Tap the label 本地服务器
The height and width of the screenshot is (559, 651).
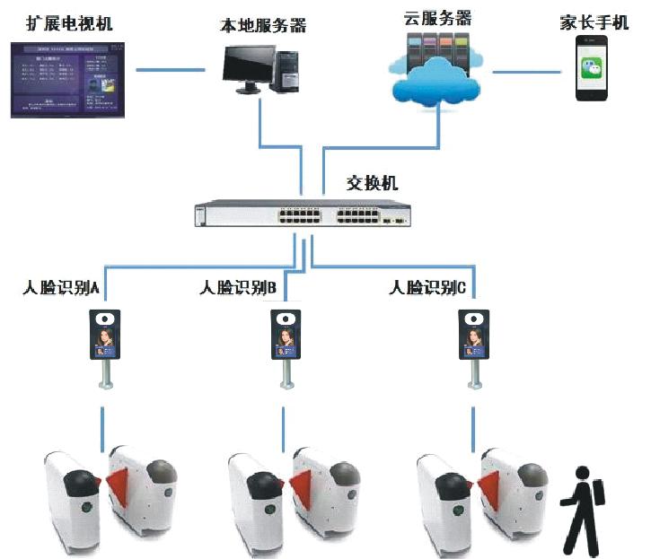(262, 25)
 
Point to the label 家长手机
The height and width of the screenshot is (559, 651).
(594, 22)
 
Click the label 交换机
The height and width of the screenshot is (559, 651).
(372, 184)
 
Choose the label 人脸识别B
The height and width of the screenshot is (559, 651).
(238, 288)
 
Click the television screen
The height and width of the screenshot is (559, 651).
(70, 77)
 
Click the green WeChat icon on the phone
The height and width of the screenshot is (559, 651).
(592, 68)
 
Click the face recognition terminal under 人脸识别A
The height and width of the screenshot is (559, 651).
(106, 335)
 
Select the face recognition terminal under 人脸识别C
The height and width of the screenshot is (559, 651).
(472, 335)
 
